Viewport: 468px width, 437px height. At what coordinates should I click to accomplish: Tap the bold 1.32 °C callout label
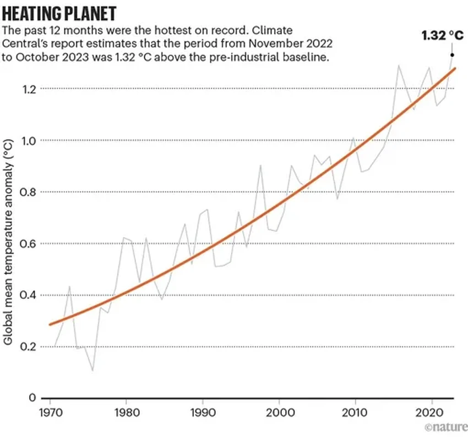coord(442,36)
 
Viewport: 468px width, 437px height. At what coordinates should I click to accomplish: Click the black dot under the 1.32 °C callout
coord(451,54)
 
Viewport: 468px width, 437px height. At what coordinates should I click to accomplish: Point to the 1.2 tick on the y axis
coord(29,89)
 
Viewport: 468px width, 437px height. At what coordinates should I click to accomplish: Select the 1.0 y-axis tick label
coord(29,141)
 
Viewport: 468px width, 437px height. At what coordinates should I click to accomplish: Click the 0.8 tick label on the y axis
coord(29,192)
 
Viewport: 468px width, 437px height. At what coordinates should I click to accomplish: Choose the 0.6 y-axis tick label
coord(29,244)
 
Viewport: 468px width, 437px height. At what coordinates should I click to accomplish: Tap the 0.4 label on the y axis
coord(29,295)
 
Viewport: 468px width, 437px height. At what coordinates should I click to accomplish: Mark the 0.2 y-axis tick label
coord(29,347)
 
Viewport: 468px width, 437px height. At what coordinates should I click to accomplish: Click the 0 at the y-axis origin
coord(32,398)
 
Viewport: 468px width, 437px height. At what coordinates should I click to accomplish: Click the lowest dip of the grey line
coord(92,370)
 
